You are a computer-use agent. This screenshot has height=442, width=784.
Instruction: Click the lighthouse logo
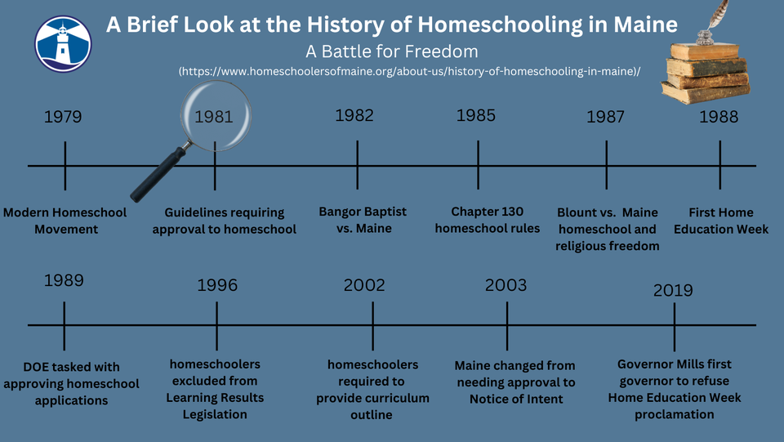coord(63,44)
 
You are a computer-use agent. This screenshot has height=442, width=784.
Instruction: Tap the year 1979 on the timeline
coord(63,117)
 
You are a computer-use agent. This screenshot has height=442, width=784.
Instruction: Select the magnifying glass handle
coord(159,173)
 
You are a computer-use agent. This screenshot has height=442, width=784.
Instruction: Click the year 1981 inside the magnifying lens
coord(213,117)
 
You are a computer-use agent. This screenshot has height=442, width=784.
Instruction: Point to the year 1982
coord(354,115)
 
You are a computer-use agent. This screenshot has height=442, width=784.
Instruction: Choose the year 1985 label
coord(475,115)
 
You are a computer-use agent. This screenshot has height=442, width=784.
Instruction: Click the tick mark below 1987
coord(607,164)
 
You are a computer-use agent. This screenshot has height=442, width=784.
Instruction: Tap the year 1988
coord(719,117)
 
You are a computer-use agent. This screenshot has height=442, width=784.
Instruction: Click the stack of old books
coord(706,73)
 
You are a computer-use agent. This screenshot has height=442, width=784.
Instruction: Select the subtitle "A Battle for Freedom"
coord(391,51)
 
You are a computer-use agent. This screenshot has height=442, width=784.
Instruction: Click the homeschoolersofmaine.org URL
coord(409,71)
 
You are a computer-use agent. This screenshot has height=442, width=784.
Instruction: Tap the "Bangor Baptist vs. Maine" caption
coord(363,220)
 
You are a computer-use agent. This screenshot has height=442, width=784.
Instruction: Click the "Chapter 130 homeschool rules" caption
coord(488,220)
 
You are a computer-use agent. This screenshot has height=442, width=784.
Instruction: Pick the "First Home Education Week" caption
coord(721,221)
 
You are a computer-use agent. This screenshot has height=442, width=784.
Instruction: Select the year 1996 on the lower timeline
coord(217,285)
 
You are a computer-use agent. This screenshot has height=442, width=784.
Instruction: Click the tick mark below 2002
coord(372,326)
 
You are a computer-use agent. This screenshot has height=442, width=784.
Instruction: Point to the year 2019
coord(673,290)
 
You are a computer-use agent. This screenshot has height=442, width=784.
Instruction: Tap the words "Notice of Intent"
coord(516,399)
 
